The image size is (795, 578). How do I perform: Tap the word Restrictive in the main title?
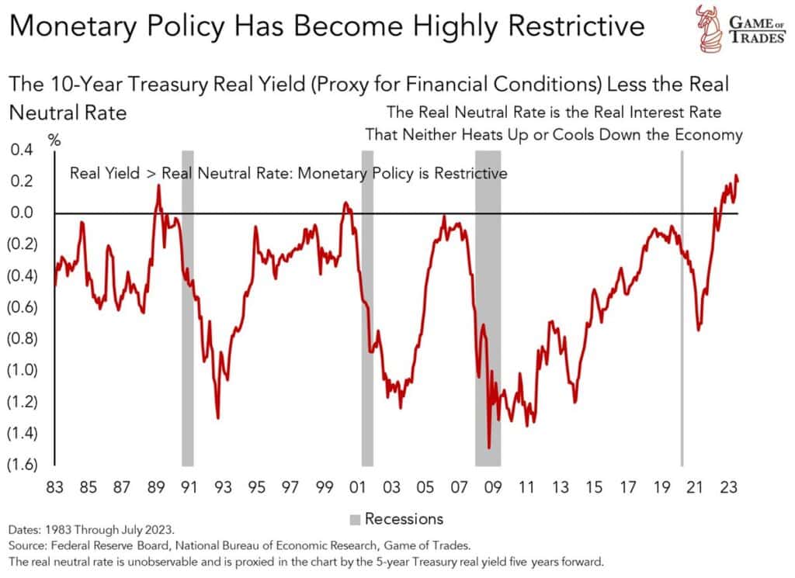click(571, 26)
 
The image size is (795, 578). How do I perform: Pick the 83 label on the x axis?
click(54, 488)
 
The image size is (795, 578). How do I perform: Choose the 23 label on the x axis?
click(731, 488)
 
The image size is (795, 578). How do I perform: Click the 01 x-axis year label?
click(358, 488)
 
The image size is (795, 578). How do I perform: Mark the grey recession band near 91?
click(187, 310)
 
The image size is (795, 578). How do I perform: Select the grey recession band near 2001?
click(367, 310)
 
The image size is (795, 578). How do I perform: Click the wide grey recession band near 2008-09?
click(488, 310)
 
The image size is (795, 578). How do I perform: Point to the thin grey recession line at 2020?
click(682, 310)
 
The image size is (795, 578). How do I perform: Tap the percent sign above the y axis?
click(54, 140)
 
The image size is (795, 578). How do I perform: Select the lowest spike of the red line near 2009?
click(489, 448)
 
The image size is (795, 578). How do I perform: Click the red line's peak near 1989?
click(158, 185)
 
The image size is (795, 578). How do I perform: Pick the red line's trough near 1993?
click(217, 418)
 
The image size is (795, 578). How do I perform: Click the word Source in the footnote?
click(30, 545)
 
